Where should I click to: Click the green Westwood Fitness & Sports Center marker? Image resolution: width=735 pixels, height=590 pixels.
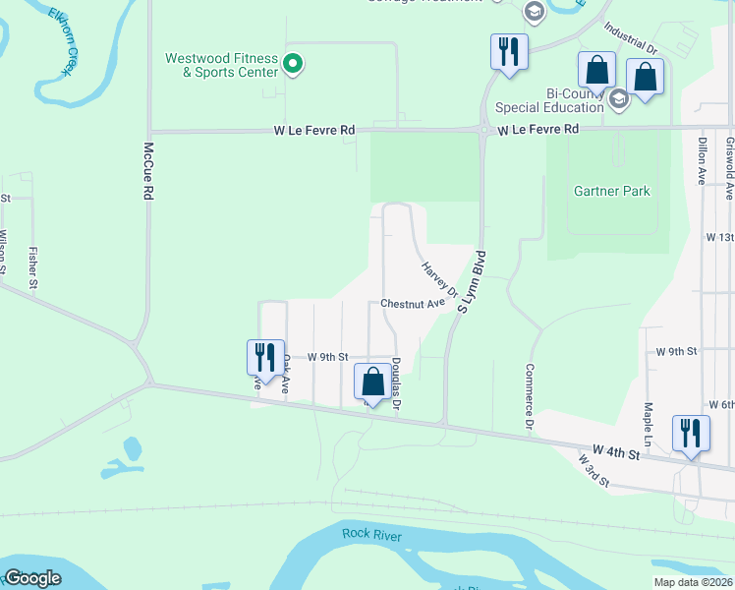tap(292, 65)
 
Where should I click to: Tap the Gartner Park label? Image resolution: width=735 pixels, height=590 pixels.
tap(611, 191)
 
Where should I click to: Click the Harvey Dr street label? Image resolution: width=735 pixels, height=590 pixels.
tap(439, 279)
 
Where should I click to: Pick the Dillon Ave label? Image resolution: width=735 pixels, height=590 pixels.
tap(702, 160)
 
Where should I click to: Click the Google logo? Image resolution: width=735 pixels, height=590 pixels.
tap(32, 578)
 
